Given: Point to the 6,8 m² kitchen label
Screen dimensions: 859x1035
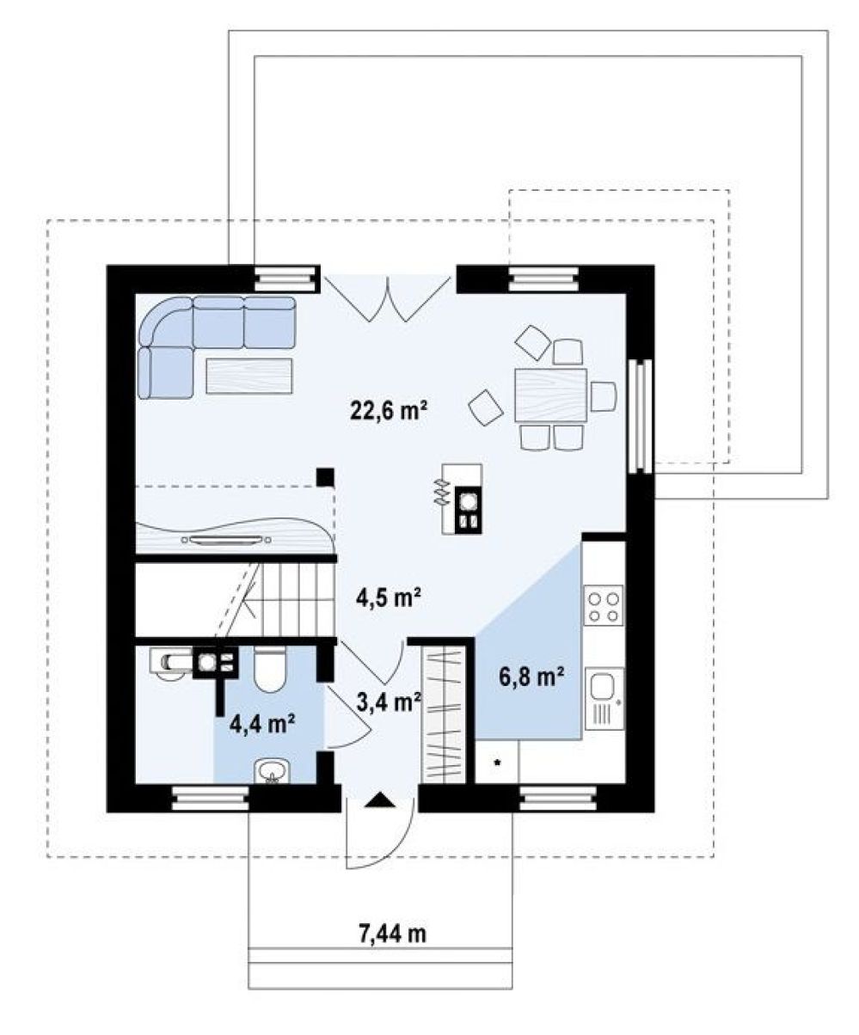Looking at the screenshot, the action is (531, 676).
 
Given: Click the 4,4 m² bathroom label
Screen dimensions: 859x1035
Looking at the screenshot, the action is (262, 724).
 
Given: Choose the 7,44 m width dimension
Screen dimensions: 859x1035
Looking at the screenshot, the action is (392, 934).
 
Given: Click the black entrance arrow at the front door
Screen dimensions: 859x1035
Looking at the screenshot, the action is (380, 800).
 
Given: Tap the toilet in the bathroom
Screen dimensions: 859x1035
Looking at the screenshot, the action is (270, 669).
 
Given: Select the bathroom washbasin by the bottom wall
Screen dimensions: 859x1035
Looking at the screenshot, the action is (271, 771).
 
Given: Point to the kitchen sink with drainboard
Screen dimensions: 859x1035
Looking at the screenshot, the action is (604, 698).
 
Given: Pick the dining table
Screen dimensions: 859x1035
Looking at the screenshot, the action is (550, 396).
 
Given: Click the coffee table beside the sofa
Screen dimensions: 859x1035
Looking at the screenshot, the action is (249, 376).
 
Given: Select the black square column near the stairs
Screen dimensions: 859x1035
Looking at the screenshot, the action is (326, 477).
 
